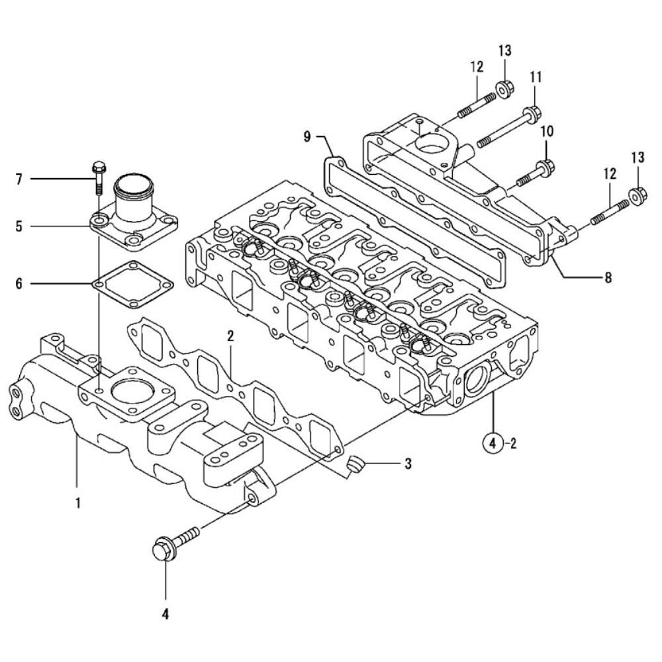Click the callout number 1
(77, 503)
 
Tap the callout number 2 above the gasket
(230, 336)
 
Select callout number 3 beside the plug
(408, 463)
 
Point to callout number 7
(19, 179)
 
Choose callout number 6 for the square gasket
(19, 283)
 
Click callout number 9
(307, 136)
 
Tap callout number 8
(608, 277)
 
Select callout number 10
(547, 131)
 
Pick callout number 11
(536, 77)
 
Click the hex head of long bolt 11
(532, 114)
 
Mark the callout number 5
(19, 226)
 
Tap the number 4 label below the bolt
(165, 614)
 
